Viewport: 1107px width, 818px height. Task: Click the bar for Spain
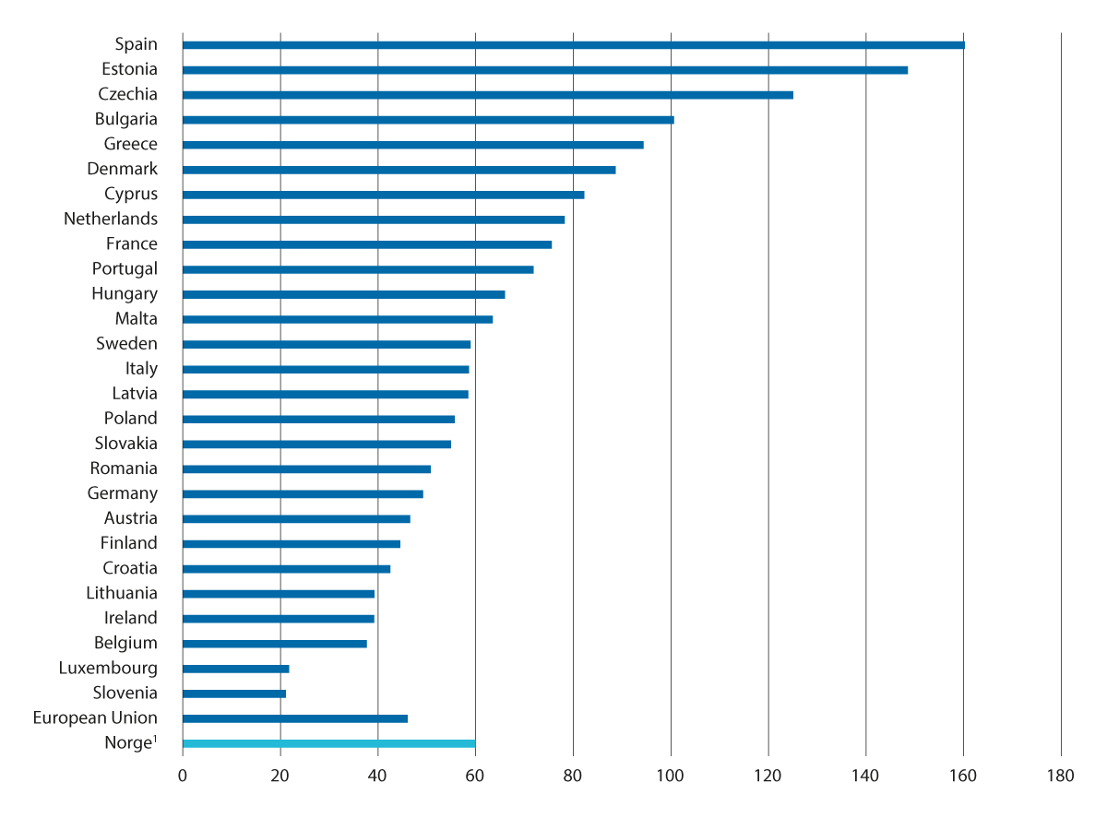573,45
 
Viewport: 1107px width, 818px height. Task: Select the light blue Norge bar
329,743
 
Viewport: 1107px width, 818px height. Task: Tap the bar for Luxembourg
236,669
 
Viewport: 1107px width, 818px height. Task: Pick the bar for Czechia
488,95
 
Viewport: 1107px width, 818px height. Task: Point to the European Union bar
295,718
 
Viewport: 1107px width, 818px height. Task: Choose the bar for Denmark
399,170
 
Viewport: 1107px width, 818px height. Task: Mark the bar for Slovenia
234,694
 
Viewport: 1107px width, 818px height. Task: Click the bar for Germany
303,494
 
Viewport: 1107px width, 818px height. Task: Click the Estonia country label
129,69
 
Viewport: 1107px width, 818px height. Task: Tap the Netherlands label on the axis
111,219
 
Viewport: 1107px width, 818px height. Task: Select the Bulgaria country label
126,119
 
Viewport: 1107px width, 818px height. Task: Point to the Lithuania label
122,593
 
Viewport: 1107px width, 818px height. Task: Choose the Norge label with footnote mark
129,742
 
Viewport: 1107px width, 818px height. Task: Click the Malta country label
137,319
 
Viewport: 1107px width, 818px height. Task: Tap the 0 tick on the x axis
183,777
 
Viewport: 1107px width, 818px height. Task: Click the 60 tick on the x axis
475,777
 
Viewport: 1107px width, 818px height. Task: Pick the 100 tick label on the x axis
671,777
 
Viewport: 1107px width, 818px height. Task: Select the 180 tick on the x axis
1061,777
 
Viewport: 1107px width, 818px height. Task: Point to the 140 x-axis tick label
865,777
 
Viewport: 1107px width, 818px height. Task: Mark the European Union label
95,717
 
